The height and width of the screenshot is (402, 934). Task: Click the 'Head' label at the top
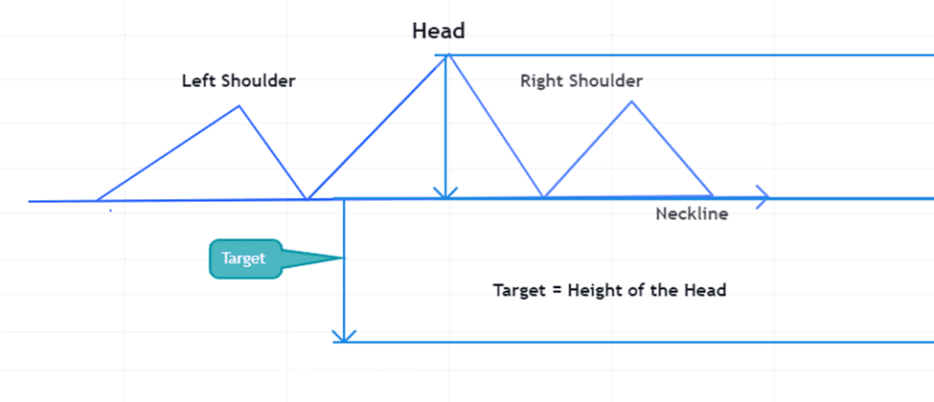(438, 31)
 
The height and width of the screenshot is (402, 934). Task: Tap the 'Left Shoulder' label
(239, 81)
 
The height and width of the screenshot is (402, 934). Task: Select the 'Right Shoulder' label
(581, 81)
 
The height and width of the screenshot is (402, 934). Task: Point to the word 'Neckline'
(692, 214)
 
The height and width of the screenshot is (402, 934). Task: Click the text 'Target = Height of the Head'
(609, 290)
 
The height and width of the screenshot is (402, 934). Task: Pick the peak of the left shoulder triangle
(239, 105)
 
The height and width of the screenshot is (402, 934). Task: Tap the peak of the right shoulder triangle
(631, 100)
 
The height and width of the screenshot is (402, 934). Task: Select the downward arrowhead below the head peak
(445, 194)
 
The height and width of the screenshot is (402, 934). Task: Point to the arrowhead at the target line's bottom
(344, 337)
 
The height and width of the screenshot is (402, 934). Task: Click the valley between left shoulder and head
(307, 199)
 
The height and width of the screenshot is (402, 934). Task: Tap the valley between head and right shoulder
(544, 198)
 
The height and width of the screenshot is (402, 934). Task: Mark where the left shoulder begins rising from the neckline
(97, 201)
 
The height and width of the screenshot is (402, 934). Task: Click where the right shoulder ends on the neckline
(714, 197)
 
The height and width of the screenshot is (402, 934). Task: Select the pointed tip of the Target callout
(341, 258)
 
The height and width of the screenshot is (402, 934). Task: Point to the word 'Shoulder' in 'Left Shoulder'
(258, 81)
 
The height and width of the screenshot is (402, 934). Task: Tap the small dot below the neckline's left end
(110, 210)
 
